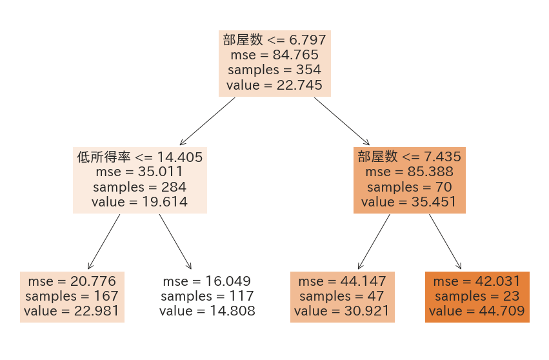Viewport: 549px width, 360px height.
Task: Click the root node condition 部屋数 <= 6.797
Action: [x=274, y=40]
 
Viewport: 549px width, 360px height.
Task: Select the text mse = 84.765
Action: [x=274, y=55]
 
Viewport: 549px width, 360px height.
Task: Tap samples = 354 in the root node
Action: [x=274, y=70]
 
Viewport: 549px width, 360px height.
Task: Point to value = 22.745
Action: [x=274, y=85]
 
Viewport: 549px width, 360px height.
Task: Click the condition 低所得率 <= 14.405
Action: [x=139, y=157]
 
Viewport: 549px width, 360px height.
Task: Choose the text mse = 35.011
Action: [x=139, y=172]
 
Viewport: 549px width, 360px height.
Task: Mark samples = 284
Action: [x=139, y=187]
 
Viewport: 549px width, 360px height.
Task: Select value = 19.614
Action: [x=139, y=202]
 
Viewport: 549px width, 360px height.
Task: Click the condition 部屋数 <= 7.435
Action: [x=409, y=157]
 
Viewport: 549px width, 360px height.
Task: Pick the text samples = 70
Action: [x=409, y=187]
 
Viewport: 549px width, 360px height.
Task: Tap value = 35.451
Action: [x=409, y=202]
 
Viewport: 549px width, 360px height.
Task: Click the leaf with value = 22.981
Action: [x=72, y=297]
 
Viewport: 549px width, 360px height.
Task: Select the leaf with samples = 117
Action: [x=207, y=297]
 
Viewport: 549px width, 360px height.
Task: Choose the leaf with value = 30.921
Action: [x=342, y=297]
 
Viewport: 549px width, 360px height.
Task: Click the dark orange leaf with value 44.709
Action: [x=477, y=297]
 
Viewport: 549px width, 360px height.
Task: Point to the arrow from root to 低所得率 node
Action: [x=207, y=121]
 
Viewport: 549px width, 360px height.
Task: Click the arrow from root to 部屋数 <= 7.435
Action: [x=342, y=121]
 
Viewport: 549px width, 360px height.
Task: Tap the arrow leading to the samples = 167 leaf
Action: [x=104, y=241]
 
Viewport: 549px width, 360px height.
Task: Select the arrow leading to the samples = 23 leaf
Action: [x=445, y=241]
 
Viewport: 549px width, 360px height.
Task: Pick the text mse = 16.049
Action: [x=207, y=281]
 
